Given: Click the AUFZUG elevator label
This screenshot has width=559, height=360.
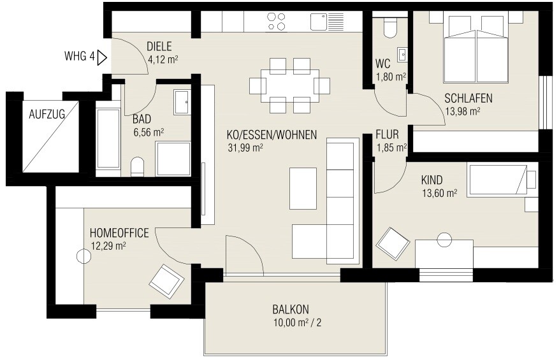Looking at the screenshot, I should (x=47, y=115).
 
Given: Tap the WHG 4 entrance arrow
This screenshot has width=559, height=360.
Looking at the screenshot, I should (x=101, y=57).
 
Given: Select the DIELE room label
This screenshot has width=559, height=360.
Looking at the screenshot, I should (x=159, y=46).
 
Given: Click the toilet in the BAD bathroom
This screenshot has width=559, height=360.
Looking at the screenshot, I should (x=137, y=167).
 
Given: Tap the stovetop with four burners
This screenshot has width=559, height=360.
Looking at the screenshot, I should (x=277, y=22).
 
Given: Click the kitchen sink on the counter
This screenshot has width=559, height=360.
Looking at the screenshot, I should (x=323, y=22).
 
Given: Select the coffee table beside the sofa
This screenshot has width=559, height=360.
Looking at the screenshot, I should (x=303, y=188).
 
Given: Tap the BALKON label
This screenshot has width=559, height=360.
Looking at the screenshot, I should (x=290, y=310).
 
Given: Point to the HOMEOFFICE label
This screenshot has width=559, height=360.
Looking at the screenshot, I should (x=119, y=233).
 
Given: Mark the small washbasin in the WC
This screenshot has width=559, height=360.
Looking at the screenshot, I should (x=402, y=55).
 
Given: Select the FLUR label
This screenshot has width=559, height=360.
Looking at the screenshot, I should (x=387, y=135).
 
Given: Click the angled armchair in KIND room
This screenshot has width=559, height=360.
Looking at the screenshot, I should (x=393, y=244).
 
